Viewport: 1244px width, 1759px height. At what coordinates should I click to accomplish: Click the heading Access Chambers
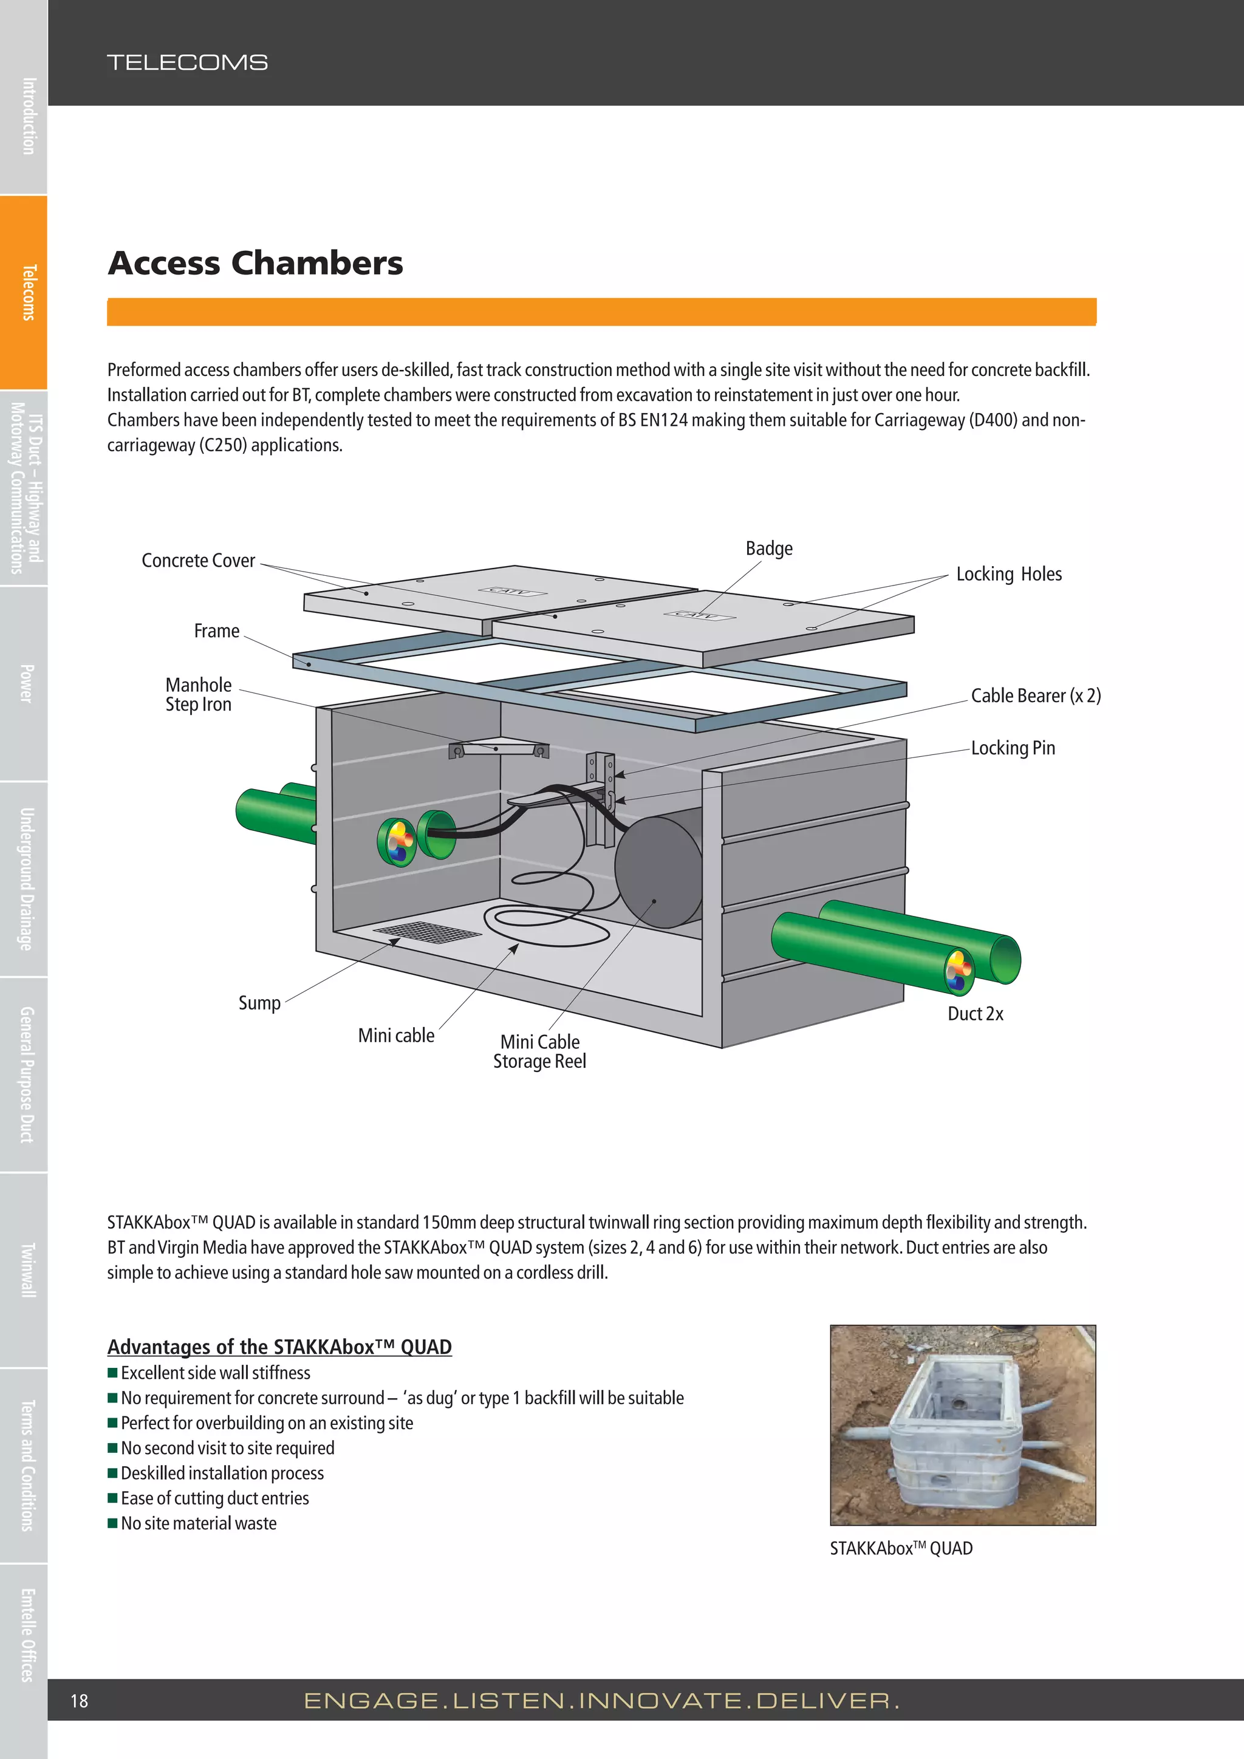[255, 263]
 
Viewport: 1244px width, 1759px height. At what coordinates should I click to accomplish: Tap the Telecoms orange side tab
[26, 292]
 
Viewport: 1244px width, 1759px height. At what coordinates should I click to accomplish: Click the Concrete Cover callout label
[199, 561]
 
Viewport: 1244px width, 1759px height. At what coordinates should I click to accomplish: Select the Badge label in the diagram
[768, 548]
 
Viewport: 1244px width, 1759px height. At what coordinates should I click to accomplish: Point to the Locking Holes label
[1008, 574]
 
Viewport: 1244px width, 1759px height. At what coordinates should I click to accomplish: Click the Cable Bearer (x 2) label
[1035, 695]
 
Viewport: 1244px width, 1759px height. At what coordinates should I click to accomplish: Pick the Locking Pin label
[1013, 748]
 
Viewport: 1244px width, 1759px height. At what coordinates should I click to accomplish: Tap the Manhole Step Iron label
[199, 694]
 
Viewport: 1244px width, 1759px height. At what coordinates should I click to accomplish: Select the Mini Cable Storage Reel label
[539, 1051]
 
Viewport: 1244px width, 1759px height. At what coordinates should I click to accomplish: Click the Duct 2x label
[974, 1014]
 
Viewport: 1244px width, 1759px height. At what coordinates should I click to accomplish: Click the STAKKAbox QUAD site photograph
[962, 1424]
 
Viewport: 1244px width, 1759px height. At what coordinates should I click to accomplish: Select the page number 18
[79, 1701]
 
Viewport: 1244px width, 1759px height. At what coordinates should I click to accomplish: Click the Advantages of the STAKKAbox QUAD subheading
[279, 1346]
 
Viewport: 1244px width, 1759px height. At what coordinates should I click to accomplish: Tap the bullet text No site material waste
[199, 1523]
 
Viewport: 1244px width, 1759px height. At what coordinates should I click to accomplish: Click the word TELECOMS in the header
[187, 62]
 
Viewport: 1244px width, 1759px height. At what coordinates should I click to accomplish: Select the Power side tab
[26, 683]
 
